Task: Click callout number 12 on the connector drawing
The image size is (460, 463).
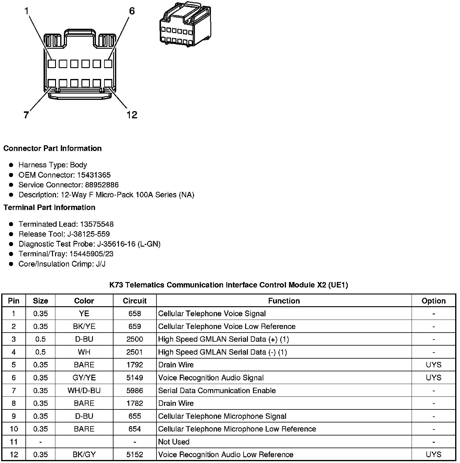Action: pos(132,115)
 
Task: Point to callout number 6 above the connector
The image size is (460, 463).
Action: pos(132,11)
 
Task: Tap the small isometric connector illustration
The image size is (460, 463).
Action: pos(185,24)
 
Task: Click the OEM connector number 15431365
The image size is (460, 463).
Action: pos(94,175)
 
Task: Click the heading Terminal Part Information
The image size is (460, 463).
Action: pos(49,207)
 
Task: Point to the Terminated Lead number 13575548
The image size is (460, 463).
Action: pos(97,224)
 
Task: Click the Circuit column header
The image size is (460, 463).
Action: pos(135,301)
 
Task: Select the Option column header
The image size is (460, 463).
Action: pos(433,301)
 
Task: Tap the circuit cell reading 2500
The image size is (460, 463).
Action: pos(135,339)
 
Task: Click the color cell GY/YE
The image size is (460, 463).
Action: pos(84,378)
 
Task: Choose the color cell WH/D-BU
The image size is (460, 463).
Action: pos(84,391)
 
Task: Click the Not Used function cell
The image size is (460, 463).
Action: pos(174,442)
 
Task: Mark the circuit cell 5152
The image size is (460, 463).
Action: pos(135,455)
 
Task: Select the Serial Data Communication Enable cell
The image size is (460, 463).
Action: pos(217,391)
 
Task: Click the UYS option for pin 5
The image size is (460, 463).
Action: pos(433,365)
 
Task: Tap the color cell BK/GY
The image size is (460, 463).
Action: pos(84,455)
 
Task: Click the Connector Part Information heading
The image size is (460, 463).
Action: pos(52,148)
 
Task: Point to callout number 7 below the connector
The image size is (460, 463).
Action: pos(26,115)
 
